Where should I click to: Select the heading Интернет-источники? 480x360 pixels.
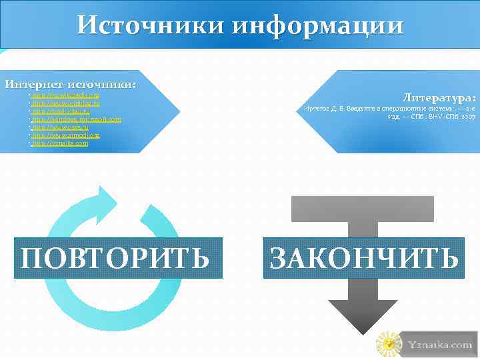71,85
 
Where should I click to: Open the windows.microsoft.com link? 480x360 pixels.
77,119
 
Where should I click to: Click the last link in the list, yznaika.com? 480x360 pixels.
60,143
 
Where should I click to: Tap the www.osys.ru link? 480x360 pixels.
59,127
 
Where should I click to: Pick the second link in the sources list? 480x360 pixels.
66,103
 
